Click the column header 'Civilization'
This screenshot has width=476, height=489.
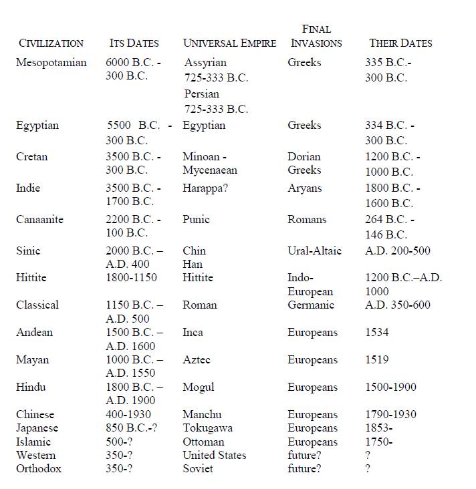click(51, 43)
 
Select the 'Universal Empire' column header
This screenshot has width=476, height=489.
click(229, 43)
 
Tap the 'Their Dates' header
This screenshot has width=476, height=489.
click(400, 43)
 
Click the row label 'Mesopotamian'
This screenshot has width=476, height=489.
click(51, 63)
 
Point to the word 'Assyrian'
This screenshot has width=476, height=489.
click(205, 63)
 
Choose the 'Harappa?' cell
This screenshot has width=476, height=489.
click(205, 188)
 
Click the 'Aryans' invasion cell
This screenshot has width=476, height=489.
click(304, 188)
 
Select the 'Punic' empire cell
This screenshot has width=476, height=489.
click(196, 219)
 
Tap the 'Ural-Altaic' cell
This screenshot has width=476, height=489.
click(314, 251)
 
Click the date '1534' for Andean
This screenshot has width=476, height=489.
click(376, 332)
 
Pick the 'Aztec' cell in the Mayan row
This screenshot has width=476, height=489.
click(197, 359)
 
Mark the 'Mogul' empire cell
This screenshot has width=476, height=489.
click(199, 387)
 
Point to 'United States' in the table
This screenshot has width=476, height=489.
click(214, 455)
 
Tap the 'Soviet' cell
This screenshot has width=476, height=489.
click(198, 468)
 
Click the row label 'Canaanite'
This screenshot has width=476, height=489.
click(40, 219)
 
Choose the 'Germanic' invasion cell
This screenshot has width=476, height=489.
click(310, 305)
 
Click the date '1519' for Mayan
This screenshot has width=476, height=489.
click(376, 359)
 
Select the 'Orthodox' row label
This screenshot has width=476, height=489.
click(39, 468)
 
